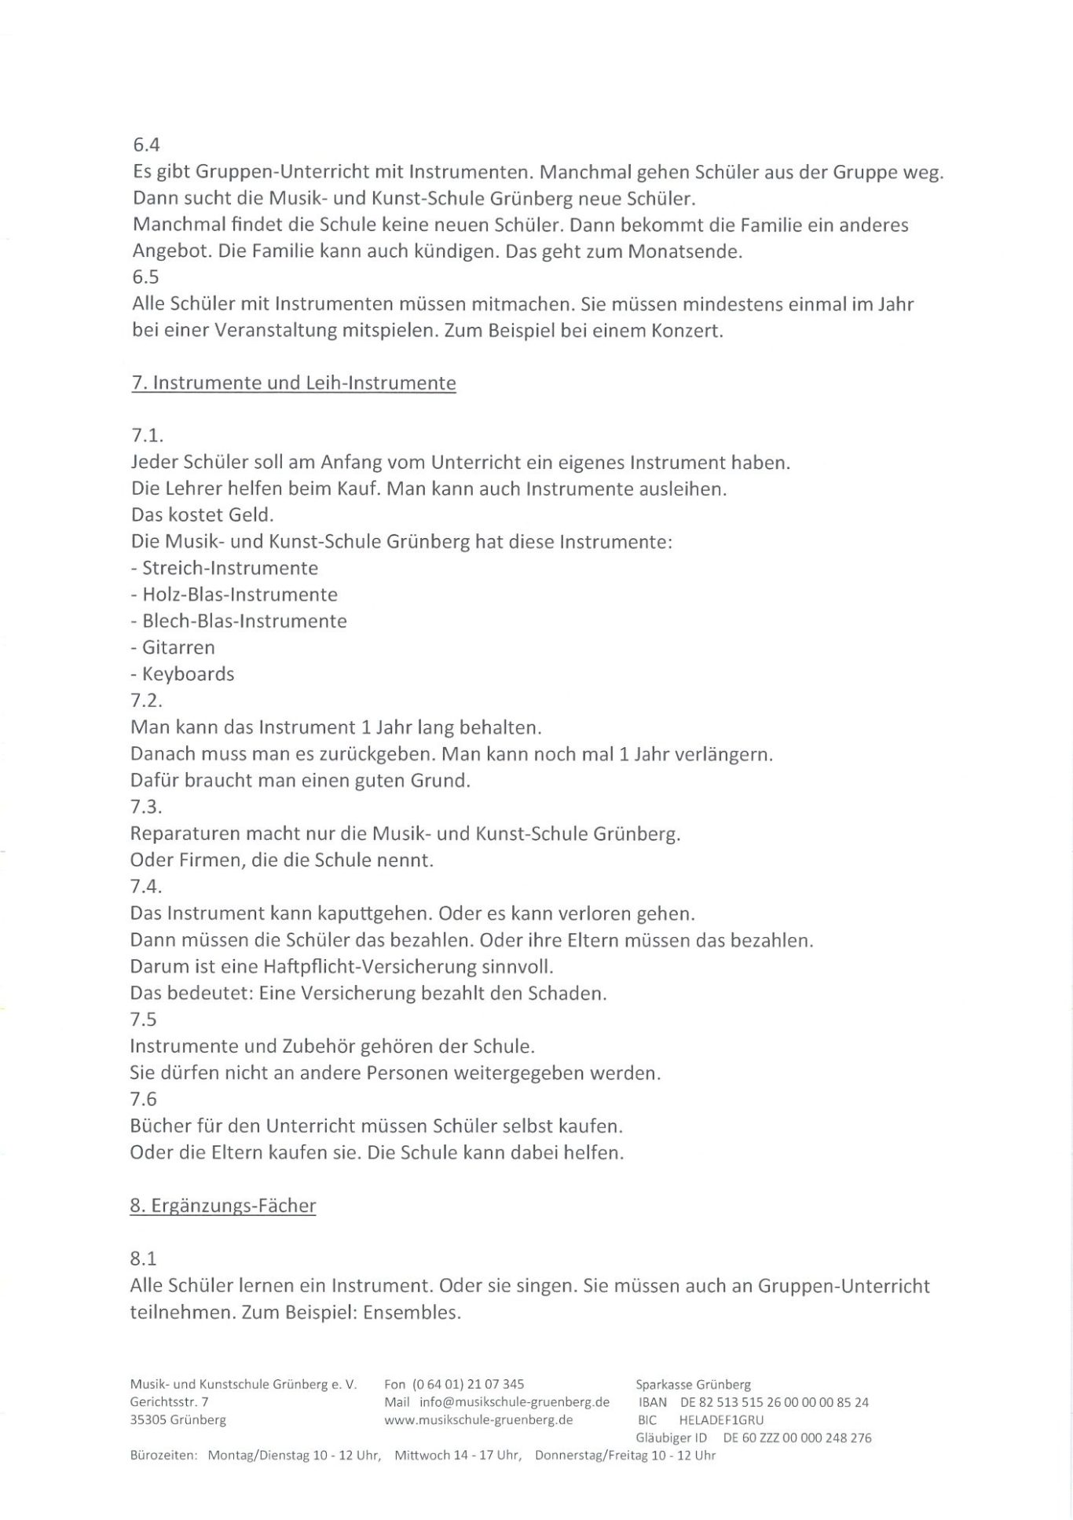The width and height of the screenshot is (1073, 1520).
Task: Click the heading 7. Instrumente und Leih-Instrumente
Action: pyautogui.click(x=293, y=383)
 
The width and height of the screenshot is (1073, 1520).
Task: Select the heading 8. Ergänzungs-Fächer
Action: pyautogui.click(x=223, y=1205)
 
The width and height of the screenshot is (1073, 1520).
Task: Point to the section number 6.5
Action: pyautogui.click(x=146, y=277)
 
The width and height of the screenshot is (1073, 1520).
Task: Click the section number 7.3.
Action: pyautogui.click(x=146, y=807)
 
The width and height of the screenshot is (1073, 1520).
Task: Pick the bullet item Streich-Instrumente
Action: pyautogui.click(x=229, y=568)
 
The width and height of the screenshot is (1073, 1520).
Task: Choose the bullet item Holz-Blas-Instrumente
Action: pyautogui.click(x=239, y=595)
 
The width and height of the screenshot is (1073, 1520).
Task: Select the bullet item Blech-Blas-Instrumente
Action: pyautogui.click(x=244, y=621)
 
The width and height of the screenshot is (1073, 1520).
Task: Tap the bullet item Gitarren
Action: pyautogui.click(x=178, y=648)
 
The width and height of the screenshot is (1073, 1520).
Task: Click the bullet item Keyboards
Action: pyautogui.click(x=188, y=674)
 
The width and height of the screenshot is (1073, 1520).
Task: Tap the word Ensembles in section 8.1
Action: pyautogui.click(x=410, y=1312)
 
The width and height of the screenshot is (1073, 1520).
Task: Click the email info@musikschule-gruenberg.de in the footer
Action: pyautogui.click(x=515, y=1402)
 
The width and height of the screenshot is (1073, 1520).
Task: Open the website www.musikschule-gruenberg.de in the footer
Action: pyautogui.click(x=478, y=1419)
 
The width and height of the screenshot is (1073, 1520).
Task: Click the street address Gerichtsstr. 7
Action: pyautogui.click(x=170, y=1402)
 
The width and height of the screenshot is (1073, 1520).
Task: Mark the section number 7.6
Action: pyautogui.click(x=144, y=1099)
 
